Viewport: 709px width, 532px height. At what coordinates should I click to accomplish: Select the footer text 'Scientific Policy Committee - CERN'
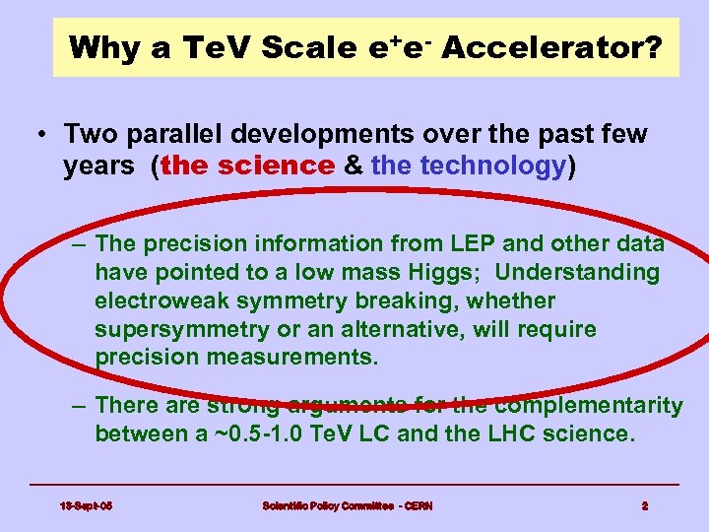coord(348,506)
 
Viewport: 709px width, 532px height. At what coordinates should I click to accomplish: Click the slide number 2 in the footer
coord(644,506)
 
